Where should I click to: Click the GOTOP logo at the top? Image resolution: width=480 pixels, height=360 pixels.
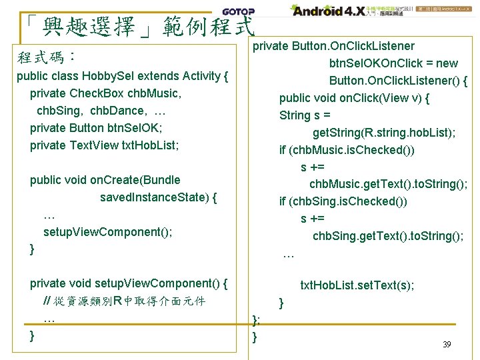pos(238,12)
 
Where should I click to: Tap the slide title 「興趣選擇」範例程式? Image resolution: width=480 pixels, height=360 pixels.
pos(137,27)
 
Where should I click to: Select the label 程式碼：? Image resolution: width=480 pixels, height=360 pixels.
pos(45,56)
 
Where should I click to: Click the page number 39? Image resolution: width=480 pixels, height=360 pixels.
pos(447,345)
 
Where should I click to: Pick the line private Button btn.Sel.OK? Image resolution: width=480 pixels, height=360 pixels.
pos(96,128)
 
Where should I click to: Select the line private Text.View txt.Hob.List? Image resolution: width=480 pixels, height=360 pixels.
pos(105,145)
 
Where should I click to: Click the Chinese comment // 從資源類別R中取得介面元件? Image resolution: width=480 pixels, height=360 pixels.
pos(124,301)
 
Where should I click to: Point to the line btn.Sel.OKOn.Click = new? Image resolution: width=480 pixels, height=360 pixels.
pos(393,63)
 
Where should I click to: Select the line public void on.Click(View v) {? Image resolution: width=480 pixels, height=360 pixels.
pos(354,98)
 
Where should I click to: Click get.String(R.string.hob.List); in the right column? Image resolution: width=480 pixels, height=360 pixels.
pos(384,133)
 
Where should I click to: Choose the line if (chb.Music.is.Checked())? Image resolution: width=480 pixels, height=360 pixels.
pos(347,150)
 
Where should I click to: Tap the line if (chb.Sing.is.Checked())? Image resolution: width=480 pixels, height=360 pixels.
pos(343,201)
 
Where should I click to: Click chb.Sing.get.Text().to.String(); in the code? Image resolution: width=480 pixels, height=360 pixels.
pos(388,236)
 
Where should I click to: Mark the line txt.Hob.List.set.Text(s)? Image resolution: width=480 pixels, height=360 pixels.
pos(357,285)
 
